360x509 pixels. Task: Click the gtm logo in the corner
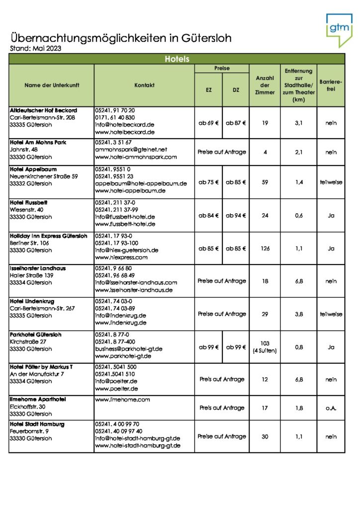click(339, 30)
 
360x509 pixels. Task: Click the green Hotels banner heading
click(177, 59)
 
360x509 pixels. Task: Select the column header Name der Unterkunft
click(52, 85)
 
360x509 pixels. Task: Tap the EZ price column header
click(208, 90)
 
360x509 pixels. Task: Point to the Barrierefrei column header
click(331, 85)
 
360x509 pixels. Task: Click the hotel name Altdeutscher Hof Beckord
click(43, 110)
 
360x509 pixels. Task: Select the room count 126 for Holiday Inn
click(265, 248)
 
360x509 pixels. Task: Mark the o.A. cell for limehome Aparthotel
click(331, 408)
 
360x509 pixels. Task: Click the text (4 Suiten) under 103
click(265, 351)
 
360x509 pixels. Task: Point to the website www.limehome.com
click(116, 400)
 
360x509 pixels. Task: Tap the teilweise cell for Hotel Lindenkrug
click(331, 314)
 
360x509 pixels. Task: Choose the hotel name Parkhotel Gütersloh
click(36, 335)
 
